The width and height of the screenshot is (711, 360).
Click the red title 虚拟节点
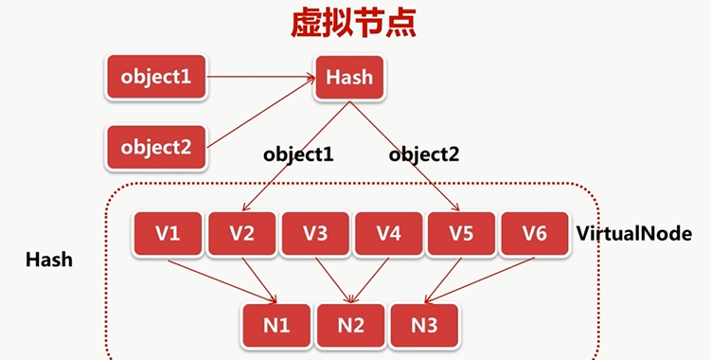[354, 25]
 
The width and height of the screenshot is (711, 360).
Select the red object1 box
[156, 77]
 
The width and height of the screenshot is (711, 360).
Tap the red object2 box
[156, 146]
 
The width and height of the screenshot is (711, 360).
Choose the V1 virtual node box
[169, 233]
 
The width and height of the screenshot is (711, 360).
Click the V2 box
[242, 233]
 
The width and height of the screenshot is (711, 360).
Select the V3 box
[315, 233]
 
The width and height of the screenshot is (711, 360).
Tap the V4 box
[389, 233]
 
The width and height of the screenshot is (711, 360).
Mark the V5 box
[462, 233]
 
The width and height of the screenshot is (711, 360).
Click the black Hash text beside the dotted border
[50, 257]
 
